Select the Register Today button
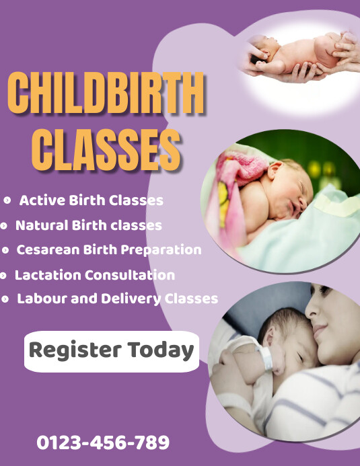[x=112, y=350]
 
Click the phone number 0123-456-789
[x=103, y=442]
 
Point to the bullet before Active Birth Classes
[x=7, y=200]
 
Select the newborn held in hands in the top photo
[x=296, y=54]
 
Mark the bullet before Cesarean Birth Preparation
[x=5, y=250]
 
